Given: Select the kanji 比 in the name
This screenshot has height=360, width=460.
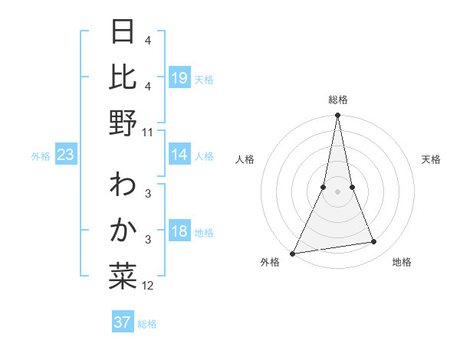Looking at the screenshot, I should click(123, 77).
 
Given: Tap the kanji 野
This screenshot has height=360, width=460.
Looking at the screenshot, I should click(123, 122).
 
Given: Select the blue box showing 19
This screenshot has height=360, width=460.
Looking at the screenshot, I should click(179, 78).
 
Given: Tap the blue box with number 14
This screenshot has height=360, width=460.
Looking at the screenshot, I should click(179, 155).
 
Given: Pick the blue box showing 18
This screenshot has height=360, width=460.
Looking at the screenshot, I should click(179, 231).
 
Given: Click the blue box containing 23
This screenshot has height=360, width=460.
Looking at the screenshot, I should click(65, 155).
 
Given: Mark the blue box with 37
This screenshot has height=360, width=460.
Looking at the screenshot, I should click(123, 322).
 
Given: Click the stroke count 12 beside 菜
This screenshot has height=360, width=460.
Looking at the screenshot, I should click(148, 286).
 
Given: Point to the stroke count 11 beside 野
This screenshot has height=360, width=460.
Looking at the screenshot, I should click(148, 132).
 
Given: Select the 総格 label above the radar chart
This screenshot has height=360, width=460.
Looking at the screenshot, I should click(337, 100).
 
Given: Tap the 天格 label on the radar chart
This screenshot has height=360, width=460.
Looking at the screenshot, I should click(431, 159).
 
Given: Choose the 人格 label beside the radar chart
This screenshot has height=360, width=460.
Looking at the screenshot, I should click(245, 159).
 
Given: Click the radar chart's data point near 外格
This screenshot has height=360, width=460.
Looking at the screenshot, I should click(293, 254).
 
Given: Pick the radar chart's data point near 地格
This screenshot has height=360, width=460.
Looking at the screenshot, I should click(373, 242).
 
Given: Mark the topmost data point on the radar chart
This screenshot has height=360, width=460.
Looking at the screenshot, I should click(337, 116).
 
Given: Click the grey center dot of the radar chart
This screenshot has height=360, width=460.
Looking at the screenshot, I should click(337, 192).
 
